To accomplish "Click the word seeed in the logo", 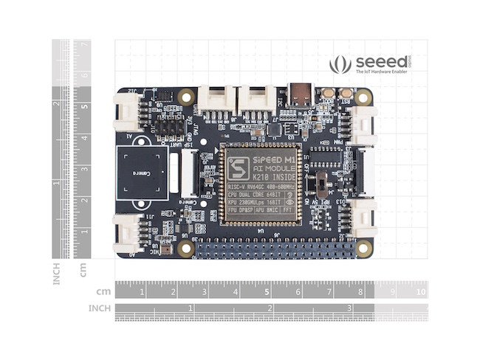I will click(x=380, y=62).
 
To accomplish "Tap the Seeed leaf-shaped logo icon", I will click(x=340, y=65).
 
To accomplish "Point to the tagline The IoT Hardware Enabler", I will click(x=380, y=73).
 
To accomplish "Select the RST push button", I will click(x=345, y=94).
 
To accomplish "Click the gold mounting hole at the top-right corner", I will click(x=363, y=97).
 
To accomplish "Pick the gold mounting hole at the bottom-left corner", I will click(x=186, y=249).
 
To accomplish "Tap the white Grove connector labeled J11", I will click(x=127, y=231).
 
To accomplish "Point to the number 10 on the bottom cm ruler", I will click(x=420, y=291).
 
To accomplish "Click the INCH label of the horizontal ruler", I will click(x=100, y=308).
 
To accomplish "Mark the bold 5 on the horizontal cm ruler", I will click(x=266, y=291).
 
